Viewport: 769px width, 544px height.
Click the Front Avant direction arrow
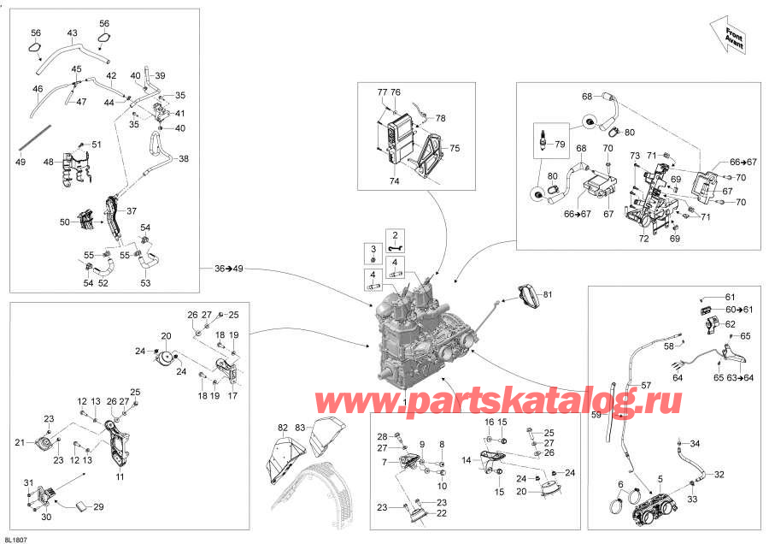coord(728,35)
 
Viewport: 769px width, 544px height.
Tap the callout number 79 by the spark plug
coord(560,145)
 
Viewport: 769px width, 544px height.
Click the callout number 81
coord(548,294)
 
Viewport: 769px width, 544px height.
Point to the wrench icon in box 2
coord(396,248)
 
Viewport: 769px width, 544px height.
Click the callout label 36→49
coord(228,269)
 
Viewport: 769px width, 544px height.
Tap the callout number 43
coord(72,33)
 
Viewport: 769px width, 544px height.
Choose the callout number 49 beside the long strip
coord(21,162)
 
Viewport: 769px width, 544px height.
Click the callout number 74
coord(394,181)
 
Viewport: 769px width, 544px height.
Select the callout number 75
coord(455,148)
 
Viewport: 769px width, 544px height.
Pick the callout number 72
coord(643,239)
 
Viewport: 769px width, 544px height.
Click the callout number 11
coord(120,476)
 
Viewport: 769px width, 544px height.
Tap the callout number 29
coord(98,506)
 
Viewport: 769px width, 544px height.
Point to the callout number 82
coord(283,429)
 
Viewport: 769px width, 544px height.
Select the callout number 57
coord(646,385)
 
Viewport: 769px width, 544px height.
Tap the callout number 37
coord(132,211)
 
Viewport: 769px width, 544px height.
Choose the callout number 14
coord(467,460)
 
